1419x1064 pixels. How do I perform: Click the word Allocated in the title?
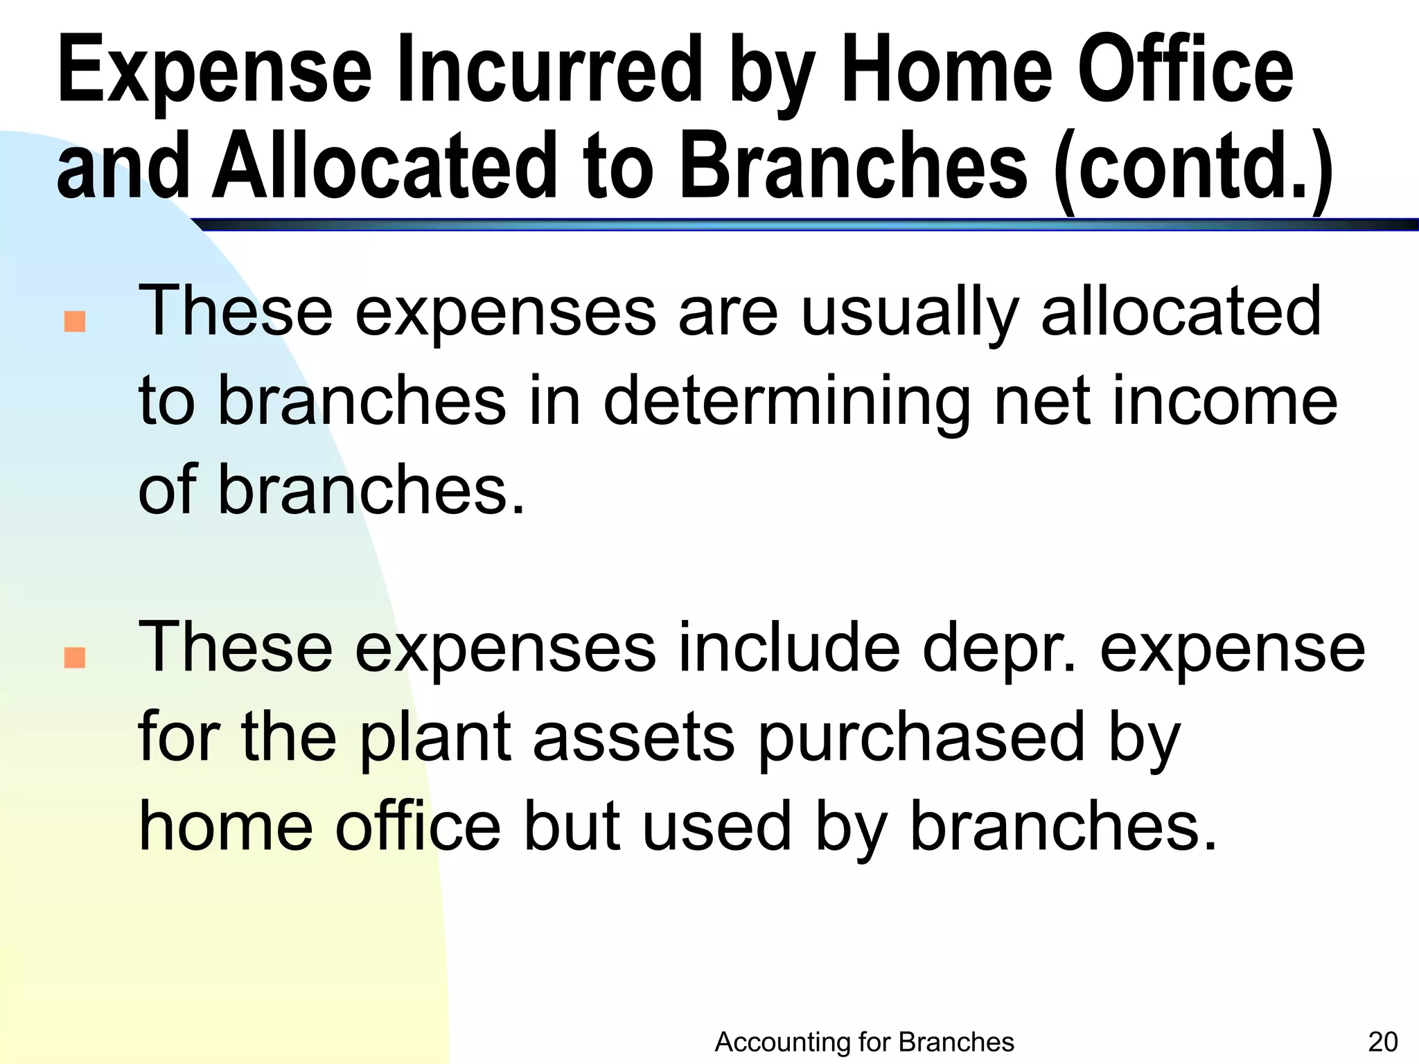[x=385, y=166]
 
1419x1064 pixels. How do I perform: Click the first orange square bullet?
[x=74, y=321]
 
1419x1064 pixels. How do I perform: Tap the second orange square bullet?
[x=74, y=657]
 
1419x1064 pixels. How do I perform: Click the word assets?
[x=633, y=738]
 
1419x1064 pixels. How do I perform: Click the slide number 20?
[x=1383, y=1042]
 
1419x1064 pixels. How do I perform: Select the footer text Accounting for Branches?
[x=864, y=1042]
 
